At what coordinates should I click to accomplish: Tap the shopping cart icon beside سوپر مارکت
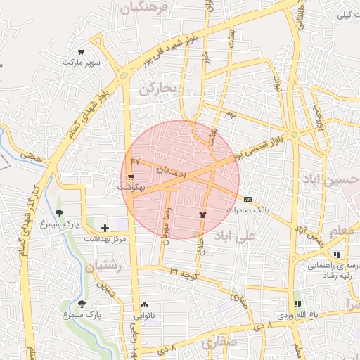click(x=82, y=51)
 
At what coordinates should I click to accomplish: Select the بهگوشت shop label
click(x=131, y=188)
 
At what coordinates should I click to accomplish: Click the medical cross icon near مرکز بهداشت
click(x=105, y=228)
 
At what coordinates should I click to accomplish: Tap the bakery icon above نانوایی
click(x=144, y=304)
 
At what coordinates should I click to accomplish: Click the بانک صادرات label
click(x=247, y=210)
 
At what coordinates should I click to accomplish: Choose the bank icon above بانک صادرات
click(x=247, y=199)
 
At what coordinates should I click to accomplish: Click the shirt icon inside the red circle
click(x=203, y=214)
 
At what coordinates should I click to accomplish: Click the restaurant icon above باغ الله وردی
click(x=297, y=304)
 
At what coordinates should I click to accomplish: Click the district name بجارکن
click(x=160, y=89)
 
